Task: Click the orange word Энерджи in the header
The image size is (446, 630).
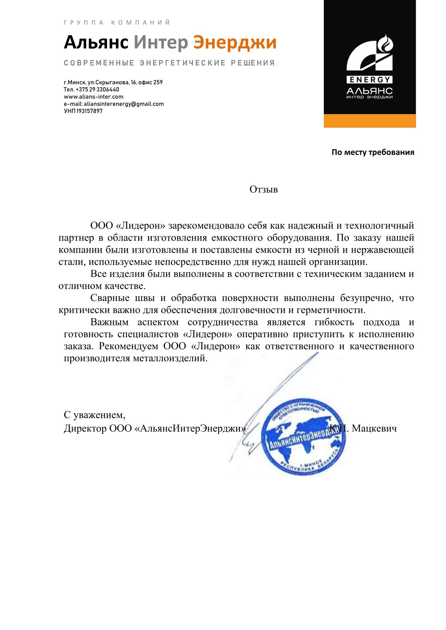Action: pos(235,43)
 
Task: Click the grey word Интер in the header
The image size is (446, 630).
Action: pos(161,43)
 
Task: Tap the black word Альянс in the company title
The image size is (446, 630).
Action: pos(96,43)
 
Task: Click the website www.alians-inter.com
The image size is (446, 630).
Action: pos(93,97)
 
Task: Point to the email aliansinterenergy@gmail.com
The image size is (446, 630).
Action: pos(124,104)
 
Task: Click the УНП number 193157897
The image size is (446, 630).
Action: pos(89,111)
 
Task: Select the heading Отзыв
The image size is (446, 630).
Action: pos(263,189)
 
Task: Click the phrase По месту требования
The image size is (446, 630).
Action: pos(373,152)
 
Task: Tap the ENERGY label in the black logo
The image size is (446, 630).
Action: pos(370,80)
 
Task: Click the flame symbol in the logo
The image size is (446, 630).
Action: pos(385,44)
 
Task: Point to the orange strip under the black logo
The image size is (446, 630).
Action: pos(370,121)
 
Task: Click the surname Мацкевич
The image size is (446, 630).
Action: pos(374,428)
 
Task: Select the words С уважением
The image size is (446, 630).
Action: pos(94,415)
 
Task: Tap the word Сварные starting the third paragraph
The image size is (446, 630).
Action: pos(109,298)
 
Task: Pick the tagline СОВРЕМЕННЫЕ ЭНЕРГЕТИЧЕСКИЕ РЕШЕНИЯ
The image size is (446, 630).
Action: pos(169,63)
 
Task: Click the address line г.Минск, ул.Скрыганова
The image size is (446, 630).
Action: pos(113,82)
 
